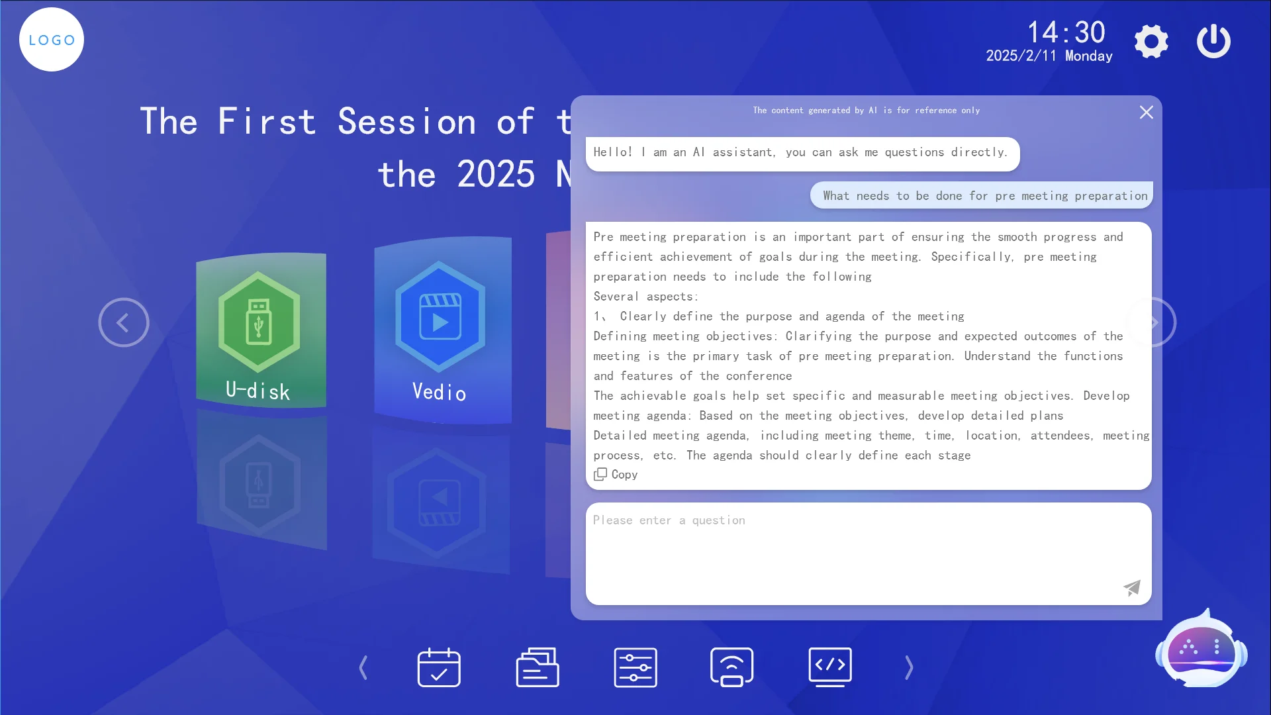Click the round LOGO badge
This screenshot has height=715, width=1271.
point(52,40)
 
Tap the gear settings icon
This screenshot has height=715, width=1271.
point(1151,42)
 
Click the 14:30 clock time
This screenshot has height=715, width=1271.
point(1066,32)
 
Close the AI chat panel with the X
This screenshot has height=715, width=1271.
point(1147,113)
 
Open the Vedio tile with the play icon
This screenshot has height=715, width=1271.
point(442,330)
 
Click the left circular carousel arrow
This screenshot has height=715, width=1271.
point(124,322)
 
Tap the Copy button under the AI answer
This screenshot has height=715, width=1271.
point(616,475)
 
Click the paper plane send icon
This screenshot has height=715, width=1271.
point(1132,587)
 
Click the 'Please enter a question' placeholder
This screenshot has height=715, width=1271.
point(669,520)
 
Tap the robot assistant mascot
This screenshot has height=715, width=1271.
point(1201,649)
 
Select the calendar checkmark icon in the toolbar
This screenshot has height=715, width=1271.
point(439,667)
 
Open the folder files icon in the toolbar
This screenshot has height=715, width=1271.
point(538,667)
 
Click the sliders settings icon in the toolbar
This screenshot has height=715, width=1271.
point(635,667)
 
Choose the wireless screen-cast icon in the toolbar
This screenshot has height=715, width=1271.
point(731,667)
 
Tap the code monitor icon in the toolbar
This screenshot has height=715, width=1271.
point(830,667)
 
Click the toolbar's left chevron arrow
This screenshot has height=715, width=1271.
point(363,667)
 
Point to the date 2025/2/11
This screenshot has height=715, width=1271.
point(1021,56)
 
